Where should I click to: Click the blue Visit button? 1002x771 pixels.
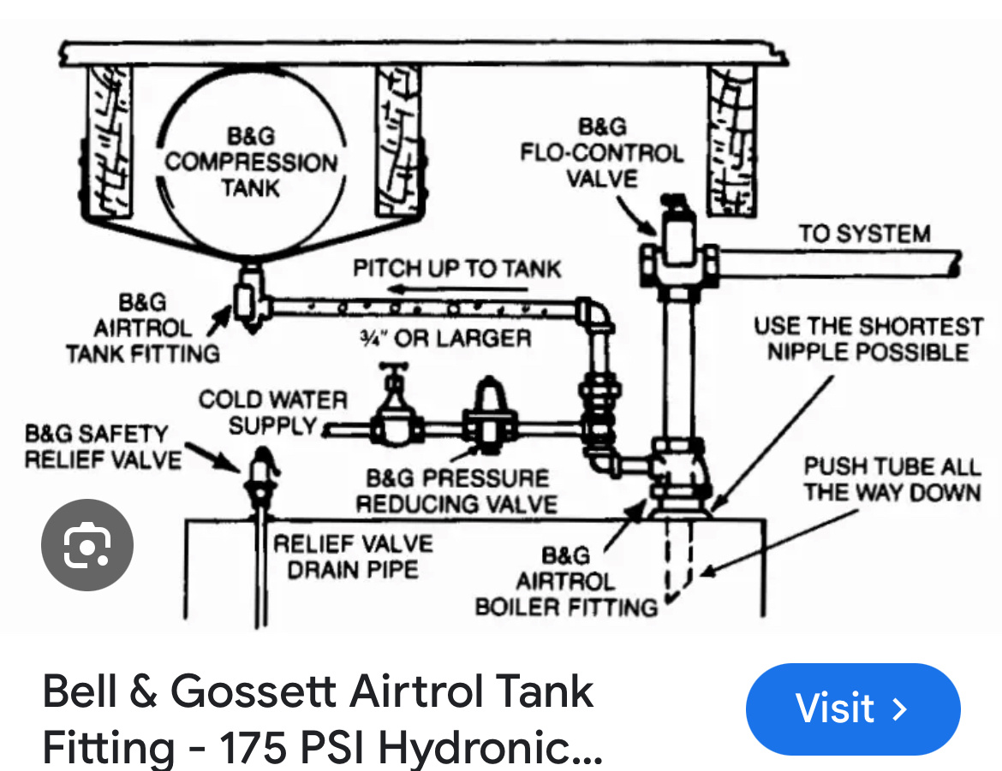pos(852,709)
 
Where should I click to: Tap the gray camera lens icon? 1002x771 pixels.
pos(87,545)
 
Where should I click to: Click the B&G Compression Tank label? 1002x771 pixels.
pos(251,162)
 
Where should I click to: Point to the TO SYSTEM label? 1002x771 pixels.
pos(864,234)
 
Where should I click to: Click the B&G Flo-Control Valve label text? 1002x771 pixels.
pos(601,153)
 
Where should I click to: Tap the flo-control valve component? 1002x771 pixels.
pos(678,248)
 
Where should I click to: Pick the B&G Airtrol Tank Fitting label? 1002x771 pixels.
pos(143,328)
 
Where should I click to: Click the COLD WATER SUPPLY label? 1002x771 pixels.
pos(273,412)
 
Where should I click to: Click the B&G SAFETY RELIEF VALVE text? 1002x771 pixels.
pos(104,446)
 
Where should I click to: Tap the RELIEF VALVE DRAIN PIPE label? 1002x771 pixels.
pos(353,556)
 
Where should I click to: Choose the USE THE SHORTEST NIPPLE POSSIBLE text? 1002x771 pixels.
pos(868,339)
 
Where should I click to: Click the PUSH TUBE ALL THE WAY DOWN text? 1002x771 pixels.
pos(892,479)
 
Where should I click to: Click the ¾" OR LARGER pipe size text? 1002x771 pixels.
pos(444,338)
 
